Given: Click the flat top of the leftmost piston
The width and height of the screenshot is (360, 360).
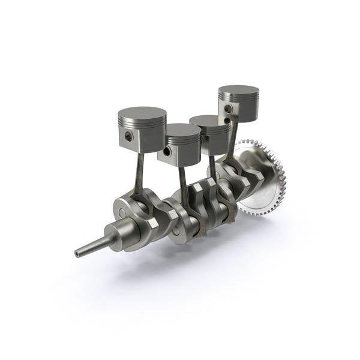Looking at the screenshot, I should point(142,113).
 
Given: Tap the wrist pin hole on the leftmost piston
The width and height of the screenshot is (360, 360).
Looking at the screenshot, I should point(129,137).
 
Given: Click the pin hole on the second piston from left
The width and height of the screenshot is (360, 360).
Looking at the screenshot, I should point(167,152).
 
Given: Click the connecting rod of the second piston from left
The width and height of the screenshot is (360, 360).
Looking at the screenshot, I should point(183,186).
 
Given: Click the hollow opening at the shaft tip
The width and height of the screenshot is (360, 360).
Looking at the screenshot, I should point(77,254).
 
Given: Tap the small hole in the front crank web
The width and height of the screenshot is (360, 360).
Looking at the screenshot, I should point(122,213).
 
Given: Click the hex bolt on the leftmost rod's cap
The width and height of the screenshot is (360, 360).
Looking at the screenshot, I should point(152,223).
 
